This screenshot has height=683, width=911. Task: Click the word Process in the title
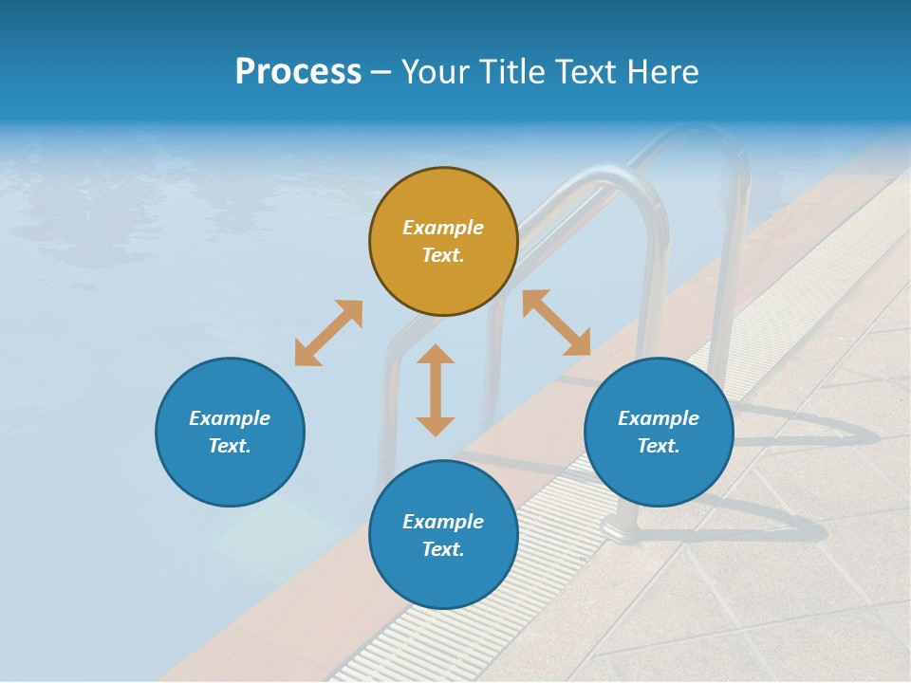click(298, 72)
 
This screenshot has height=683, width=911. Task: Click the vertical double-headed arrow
click(436, 390)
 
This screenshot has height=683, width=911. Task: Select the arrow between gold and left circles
click(328, 333)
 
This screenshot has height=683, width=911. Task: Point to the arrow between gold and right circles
click(556, 323)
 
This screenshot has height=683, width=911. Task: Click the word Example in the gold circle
click(443, 228)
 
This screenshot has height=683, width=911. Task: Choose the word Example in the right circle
click(659, 418)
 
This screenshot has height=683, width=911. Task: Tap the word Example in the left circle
click(230, 418)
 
